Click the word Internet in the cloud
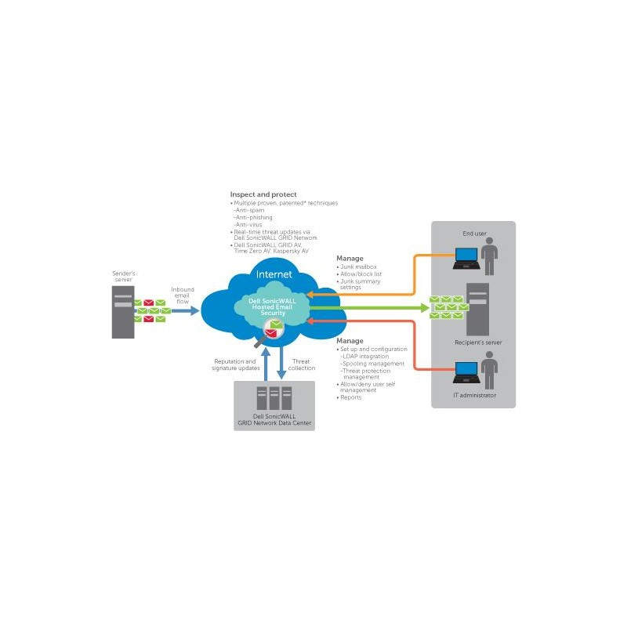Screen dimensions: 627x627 274,274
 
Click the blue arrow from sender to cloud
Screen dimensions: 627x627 186,311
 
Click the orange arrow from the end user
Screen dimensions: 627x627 376,292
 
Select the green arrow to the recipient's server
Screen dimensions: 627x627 368,308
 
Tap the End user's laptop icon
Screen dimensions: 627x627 467,255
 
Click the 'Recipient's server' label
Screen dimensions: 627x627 478,342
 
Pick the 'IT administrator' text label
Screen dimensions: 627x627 475,395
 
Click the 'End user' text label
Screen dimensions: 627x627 475,233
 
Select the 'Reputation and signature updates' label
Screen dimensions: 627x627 234,364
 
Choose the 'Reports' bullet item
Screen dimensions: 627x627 351,397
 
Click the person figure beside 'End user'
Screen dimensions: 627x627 491,255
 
